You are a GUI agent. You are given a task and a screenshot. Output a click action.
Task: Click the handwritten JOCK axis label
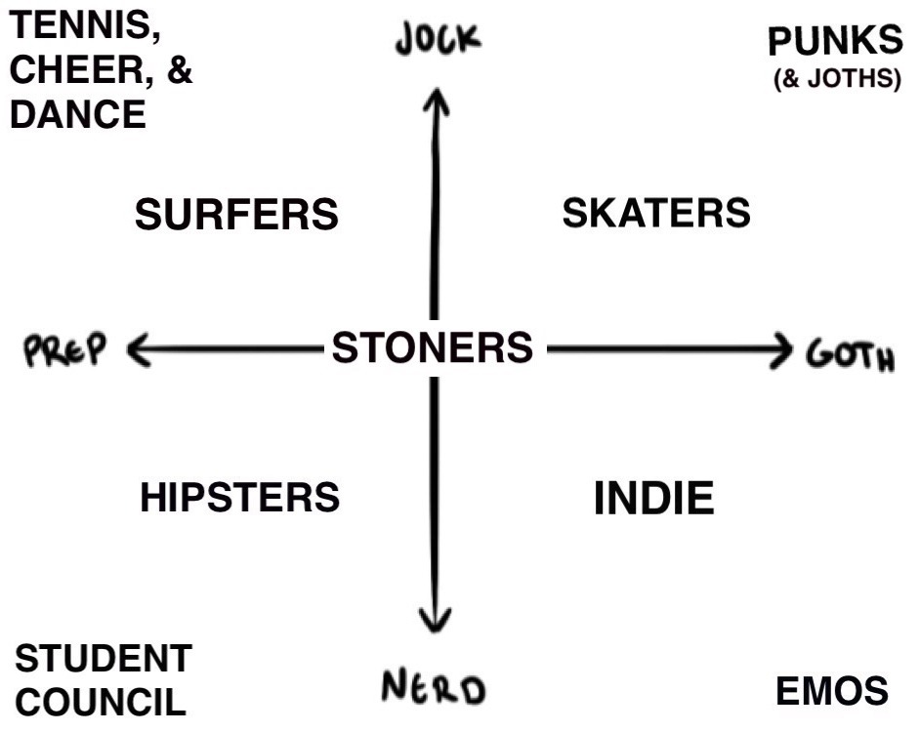tap(439, 40)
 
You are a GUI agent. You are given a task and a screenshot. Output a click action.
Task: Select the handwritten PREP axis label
tap(64, 349)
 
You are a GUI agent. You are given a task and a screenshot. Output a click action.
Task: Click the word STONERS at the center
tap(433, 347)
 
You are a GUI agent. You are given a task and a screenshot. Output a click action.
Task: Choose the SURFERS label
tap(236, 214)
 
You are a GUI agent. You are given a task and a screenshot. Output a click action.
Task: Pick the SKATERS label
tap(655, 212)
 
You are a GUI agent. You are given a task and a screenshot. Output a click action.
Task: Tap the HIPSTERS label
tap(239, 497)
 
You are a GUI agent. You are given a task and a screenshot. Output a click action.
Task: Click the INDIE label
tap(654, 499)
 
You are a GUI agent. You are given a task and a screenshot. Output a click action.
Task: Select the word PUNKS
tap(835, 42)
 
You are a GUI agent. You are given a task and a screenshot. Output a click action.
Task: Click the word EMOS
tap(832, 691)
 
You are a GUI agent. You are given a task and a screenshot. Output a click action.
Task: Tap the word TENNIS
tap(86, 26)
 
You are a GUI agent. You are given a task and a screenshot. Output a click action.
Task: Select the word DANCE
tap(78, 115)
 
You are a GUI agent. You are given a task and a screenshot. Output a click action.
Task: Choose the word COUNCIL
tap(102, 702)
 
